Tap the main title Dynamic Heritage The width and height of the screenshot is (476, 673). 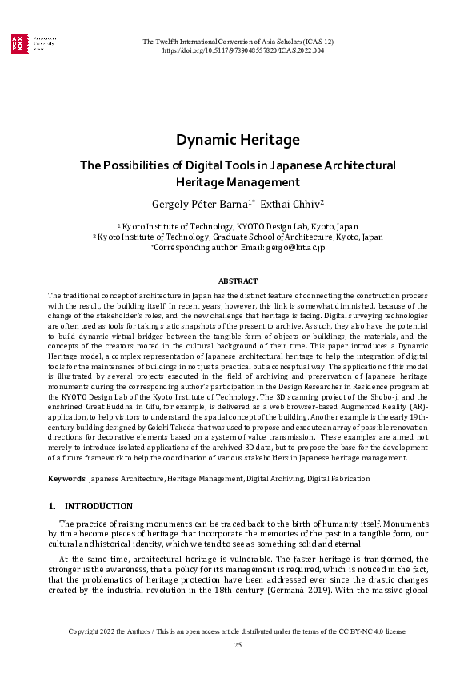tap(238, 140)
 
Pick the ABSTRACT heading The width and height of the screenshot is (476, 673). tap(238, 281)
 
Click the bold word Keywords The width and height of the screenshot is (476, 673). tap(66, 479)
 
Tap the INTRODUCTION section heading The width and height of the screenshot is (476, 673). tap(98, 507)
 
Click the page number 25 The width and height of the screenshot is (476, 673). tap(238, 644)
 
